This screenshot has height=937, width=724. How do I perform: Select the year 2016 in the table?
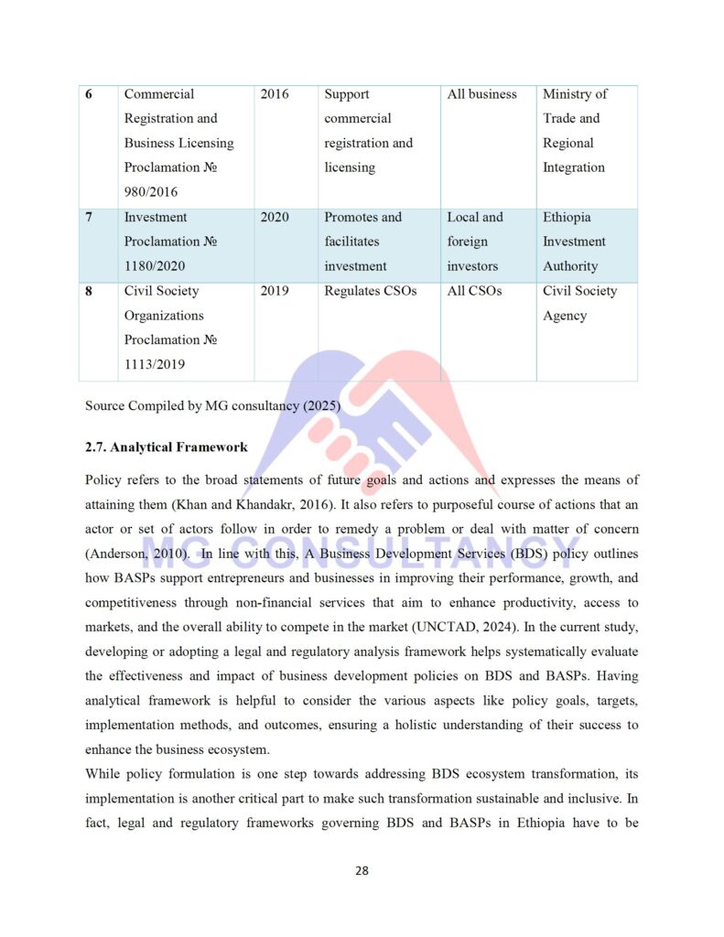[x=275, y=94]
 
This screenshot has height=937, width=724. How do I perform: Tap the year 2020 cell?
[x=275, y=218]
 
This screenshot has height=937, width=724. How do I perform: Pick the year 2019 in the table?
[x=275, y=291]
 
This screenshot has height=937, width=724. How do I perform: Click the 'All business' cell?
[x=481, y=94]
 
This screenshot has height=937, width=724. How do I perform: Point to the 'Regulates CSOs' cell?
[x=370, y=291]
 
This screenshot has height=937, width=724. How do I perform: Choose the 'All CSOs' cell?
[x=474, y=291]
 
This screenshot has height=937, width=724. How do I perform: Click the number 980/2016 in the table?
[x=151, y=192]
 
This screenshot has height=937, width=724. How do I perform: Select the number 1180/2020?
[x=155, y=266]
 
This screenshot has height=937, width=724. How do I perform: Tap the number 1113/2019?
[x=155, y=364]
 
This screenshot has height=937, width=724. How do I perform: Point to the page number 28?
[x=362, y=870]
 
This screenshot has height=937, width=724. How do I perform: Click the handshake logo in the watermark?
[x=366, y=439]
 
